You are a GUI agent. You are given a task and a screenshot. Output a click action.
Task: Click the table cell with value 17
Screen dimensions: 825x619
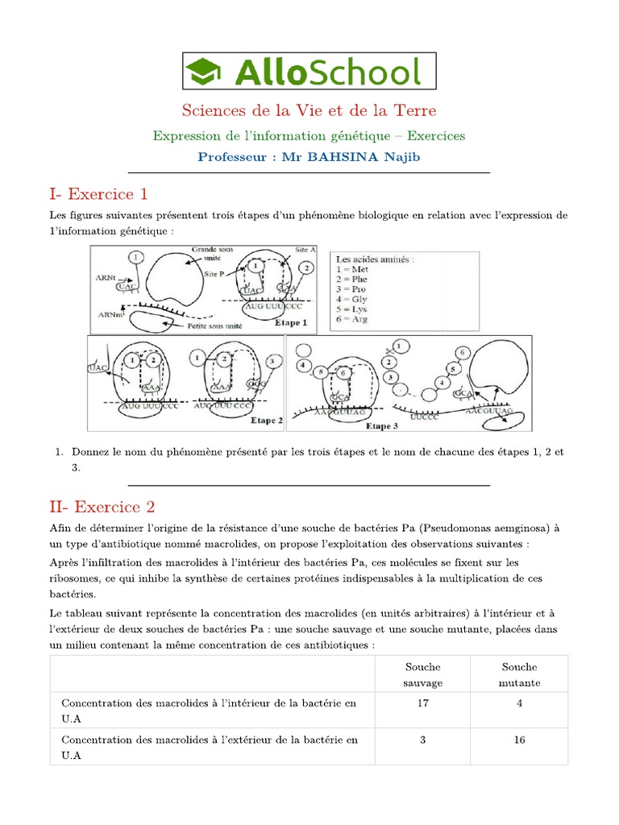(x=422, y=703)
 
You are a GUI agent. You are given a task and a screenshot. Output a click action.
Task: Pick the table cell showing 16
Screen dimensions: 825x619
(x=519, y=740)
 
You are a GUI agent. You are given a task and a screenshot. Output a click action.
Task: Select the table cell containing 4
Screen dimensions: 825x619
(x=519, y=703)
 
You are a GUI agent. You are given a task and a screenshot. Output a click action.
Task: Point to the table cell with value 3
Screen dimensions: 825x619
(x=422, y=740)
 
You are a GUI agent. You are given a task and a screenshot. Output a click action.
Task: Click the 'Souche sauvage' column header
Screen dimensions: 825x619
(x=422, y=674)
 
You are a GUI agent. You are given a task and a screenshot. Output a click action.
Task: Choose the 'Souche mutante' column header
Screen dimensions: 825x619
(x=519, y=674)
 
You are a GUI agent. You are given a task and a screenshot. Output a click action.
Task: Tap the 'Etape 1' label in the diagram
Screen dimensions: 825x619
(x=292, y=322)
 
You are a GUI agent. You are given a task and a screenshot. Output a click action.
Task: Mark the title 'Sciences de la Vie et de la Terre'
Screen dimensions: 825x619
(x=309, y=110)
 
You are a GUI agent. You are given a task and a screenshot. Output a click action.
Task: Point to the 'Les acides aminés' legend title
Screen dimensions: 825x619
(x=376, y=259)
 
